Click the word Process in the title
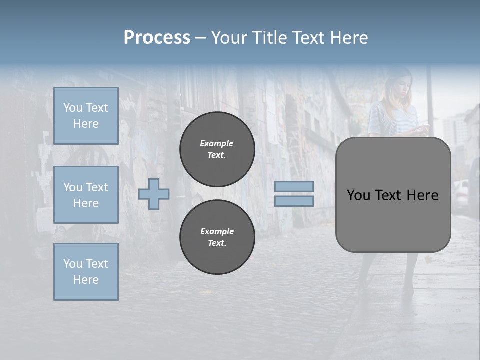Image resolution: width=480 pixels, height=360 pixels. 157,38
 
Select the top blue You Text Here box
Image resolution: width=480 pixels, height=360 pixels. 86,116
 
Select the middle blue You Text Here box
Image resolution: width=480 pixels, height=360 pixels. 86,195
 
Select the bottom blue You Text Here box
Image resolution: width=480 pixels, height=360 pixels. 86,272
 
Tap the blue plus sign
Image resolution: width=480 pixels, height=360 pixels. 154,194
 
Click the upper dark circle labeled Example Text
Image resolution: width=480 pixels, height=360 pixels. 217,149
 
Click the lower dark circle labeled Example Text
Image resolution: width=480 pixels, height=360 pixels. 217,237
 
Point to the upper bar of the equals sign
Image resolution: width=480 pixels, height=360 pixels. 294,186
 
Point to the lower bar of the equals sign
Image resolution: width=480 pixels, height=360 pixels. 294,201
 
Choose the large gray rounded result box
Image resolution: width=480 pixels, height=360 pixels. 393,194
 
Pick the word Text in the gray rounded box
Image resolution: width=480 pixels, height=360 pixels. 387,195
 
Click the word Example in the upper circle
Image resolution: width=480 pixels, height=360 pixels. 216,143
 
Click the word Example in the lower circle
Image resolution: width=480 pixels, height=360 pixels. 217,231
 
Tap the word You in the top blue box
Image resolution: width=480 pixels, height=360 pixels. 72,108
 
